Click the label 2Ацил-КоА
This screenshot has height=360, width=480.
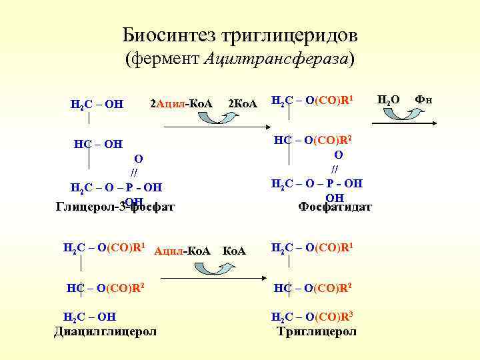point(181,103)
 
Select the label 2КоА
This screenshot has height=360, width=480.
point(243,103)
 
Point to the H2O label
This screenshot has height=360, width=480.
point(389,100)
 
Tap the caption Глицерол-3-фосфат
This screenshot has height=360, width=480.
point(114,206)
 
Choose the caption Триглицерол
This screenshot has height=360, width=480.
point(317,331)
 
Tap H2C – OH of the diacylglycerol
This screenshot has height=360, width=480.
point(89,316)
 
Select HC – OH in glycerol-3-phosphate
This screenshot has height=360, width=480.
point(98,143)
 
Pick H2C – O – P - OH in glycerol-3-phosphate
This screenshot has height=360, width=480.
point(116,187)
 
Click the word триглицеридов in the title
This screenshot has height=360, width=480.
point(295,34)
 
